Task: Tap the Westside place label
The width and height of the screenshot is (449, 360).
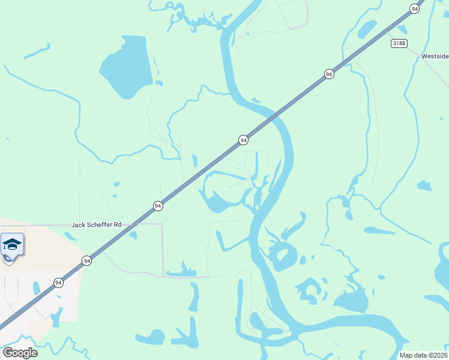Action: pos(434,56)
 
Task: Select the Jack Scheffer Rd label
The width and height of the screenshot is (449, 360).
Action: pos(96,225)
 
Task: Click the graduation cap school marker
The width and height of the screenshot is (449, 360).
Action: pos(13,244)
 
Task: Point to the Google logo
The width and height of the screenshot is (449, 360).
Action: pos(20,353)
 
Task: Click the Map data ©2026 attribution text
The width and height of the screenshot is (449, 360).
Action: pos(424,355)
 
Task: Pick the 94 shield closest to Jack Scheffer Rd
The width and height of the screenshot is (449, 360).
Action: pos(158,206)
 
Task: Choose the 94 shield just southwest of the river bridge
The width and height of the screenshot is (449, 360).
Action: pos(243,140)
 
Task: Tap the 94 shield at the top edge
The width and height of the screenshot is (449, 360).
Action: pos(414,8)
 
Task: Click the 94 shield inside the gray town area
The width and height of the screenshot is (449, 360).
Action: pos(58,283)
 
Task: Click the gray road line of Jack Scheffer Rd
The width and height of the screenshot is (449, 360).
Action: pos(144,224)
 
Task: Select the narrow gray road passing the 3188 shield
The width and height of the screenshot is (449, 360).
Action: pos(420,54)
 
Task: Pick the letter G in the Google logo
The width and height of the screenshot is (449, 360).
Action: pos(8,353)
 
